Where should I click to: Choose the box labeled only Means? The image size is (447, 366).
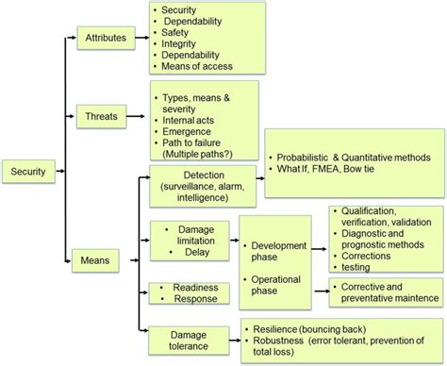[x=97, y=257]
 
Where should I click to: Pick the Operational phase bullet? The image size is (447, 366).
[x=275, y=285]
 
